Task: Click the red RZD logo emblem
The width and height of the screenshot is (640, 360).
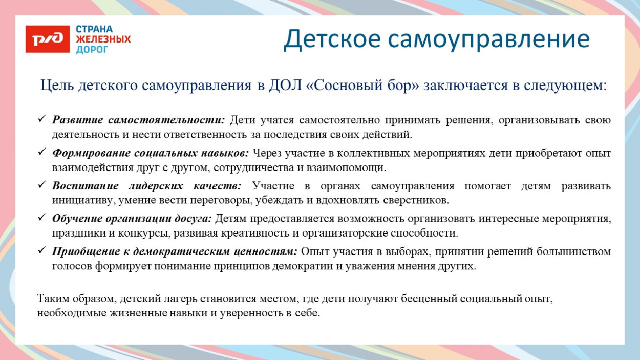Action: (47, 39)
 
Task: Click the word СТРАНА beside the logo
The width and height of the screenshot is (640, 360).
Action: (94, 29)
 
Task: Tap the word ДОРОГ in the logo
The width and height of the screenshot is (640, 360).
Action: (92, 50)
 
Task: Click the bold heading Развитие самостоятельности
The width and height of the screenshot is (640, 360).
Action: (138, 120)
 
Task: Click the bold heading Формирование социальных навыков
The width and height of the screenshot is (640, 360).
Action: (151, 153)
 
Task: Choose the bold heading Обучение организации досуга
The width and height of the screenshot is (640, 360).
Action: (132, 219)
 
